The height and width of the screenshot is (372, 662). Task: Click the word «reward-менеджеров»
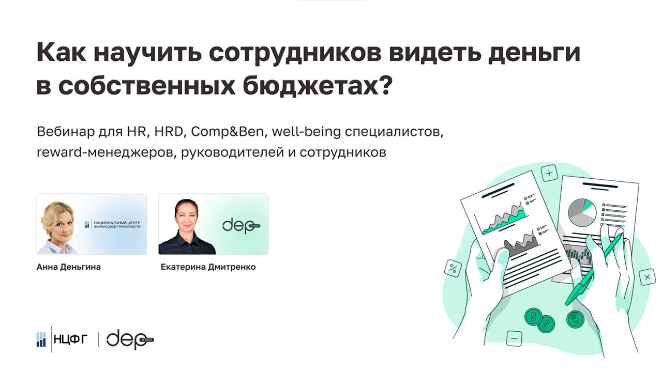coord(107,153)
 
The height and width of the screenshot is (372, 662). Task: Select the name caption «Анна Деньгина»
coord(69,267)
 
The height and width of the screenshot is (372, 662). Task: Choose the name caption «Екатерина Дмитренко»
coord(208,267)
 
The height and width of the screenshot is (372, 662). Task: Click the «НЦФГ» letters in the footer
coord(71,339)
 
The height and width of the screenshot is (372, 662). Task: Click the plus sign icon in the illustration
coord(549,172)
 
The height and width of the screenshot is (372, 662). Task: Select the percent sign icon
coord(453,268)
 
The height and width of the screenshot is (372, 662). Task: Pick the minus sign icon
coord(514,339)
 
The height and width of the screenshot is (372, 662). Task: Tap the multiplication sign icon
coord(646,277)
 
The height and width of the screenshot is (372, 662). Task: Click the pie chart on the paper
coord(582,211)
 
